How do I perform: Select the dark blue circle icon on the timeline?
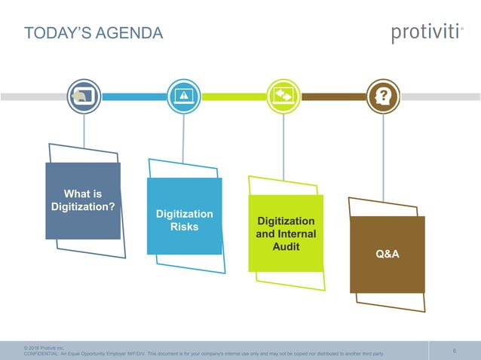pyautogui.click(x=84, y=96)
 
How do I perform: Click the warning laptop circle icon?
pyautogui.click(x=183, y=96)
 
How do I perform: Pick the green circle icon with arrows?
pyautogui.click(x=283, y=96)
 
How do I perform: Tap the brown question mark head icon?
pyautogui.click(x=383, y=96)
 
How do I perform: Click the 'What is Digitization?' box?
pyautogui.click(x=83, y=200)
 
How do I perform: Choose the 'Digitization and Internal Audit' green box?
pyautogui.click(x=286, y=233)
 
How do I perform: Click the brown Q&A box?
pyautogui.click(x=387, y=255)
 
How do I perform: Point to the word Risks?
pyautogui.click(x=185, y=227)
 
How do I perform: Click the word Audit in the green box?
pyautogui.click(x=286, y=246)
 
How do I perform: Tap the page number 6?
pyautogui.click(x=455, y=350)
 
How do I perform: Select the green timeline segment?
pyautogui.click(x=233, y=96)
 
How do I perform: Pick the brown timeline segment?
pyautogui.click(x=333, y=96)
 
